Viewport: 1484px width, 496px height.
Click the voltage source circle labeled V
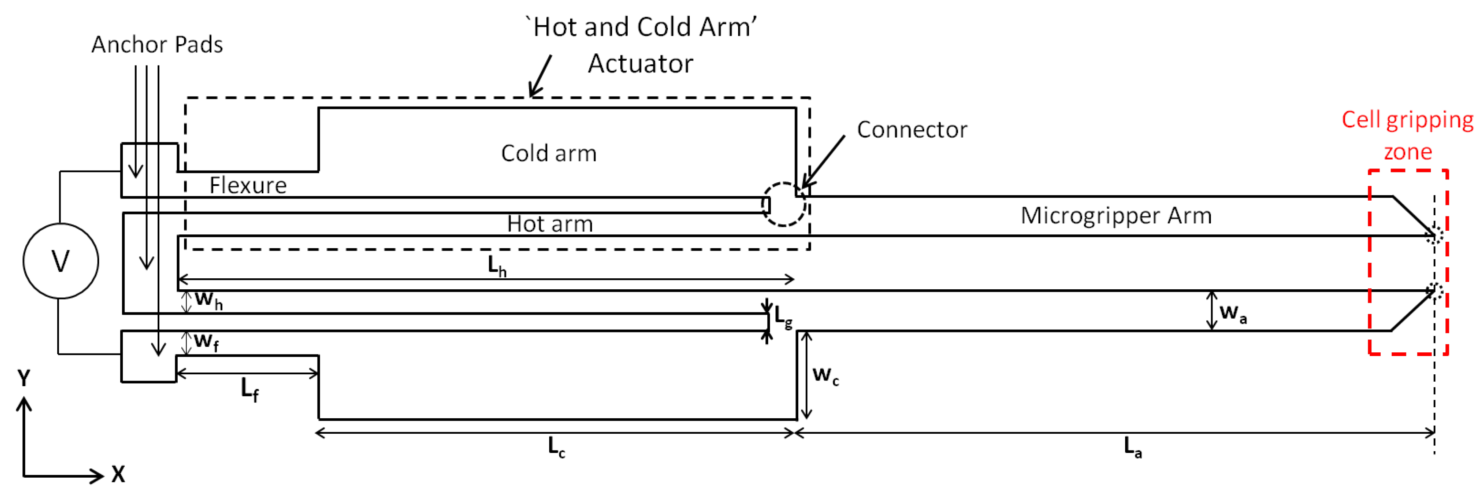coord(61,261)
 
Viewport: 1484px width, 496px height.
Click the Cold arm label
coord(548,153)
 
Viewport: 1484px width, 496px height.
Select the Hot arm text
coord(550,224)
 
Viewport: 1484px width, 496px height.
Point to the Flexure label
coord(248,186)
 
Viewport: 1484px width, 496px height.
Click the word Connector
coord(912,130)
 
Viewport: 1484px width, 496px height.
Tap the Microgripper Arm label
coord(1116,216)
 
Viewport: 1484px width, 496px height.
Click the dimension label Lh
coord(497,266)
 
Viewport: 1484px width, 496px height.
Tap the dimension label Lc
coord(556,447)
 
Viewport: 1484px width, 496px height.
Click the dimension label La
coord(1132,447)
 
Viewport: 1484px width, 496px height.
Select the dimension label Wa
coord(1233,313)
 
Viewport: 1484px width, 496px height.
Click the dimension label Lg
coord(783,317)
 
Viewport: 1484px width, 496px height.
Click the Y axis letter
coord(24,378)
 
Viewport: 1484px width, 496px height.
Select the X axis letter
coord(118,475)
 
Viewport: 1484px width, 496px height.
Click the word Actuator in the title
coord(640,63)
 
